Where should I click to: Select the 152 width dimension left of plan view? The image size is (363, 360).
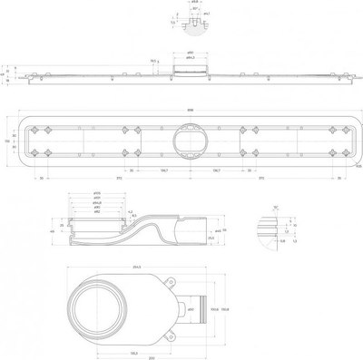(x=5, y=141)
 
